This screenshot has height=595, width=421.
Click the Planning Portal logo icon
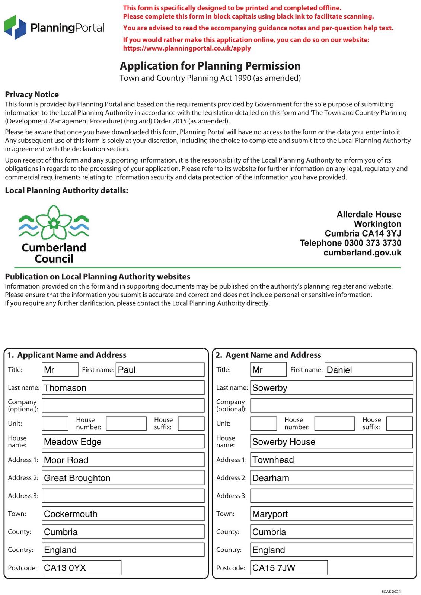pos(15,28)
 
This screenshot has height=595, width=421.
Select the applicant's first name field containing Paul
pos(160,370)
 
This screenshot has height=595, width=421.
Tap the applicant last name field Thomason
pos(123,387)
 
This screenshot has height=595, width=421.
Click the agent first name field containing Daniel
pos(369,370)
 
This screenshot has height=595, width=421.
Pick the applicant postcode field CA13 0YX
pos(82,567)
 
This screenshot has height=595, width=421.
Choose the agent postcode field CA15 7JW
pos(289,567)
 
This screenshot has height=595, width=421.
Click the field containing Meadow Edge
pos(123,441)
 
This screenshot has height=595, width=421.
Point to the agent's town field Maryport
pos(331,514)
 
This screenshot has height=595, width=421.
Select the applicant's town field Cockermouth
pos(123,514)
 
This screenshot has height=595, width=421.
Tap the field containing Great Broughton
pos(123,477)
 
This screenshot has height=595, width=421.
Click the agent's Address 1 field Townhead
pos(331,460)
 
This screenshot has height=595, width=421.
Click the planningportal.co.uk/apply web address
pos(187,48)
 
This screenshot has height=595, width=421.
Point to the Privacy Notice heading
pos(32,94)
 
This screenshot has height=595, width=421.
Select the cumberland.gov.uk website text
pos(362,253)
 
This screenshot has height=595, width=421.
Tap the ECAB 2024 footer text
pos(391,591)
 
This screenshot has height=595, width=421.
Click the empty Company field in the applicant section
pos(123,405)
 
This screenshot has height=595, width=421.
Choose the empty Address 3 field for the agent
pos(331,496)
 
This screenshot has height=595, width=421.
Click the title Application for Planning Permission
pos(210,66)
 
